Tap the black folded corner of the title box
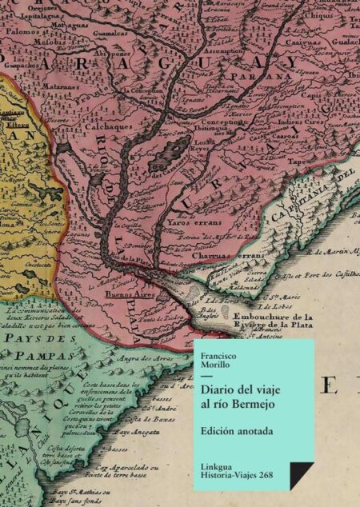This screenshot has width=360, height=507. pyautogui.click(x=299, y=477)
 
